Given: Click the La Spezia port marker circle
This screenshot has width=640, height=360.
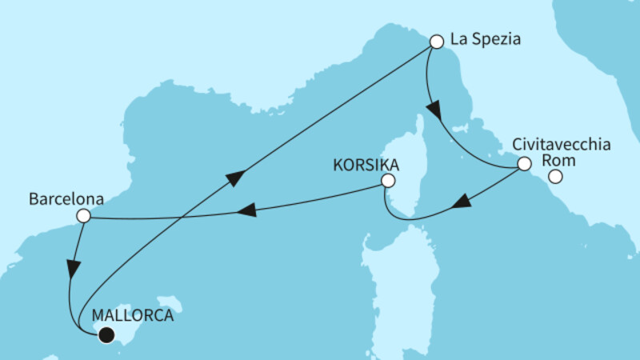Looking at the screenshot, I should [436, 41].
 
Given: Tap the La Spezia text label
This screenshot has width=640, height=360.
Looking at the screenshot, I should [486, 38].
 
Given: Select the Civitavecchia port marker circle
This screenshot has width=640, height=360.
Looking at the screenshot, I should [523, 164].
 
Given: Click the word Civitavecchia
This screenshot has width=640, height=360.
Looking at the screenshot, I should [561, 146].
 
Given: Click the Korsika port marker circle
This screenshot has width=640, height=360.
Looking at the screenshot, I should [388, 182].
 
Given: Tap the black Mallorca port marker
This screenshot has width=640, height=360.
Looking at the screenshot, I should [106, 336].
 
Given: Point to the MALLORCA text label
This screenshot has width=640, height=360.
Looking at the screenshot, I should [132, 315].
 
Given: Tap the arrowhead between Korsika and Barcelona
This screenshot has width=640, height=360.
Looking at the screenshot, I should [249, 210].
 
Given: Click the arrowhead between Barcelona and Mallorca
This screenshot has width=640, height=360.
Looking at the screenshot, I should [73, 270].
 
